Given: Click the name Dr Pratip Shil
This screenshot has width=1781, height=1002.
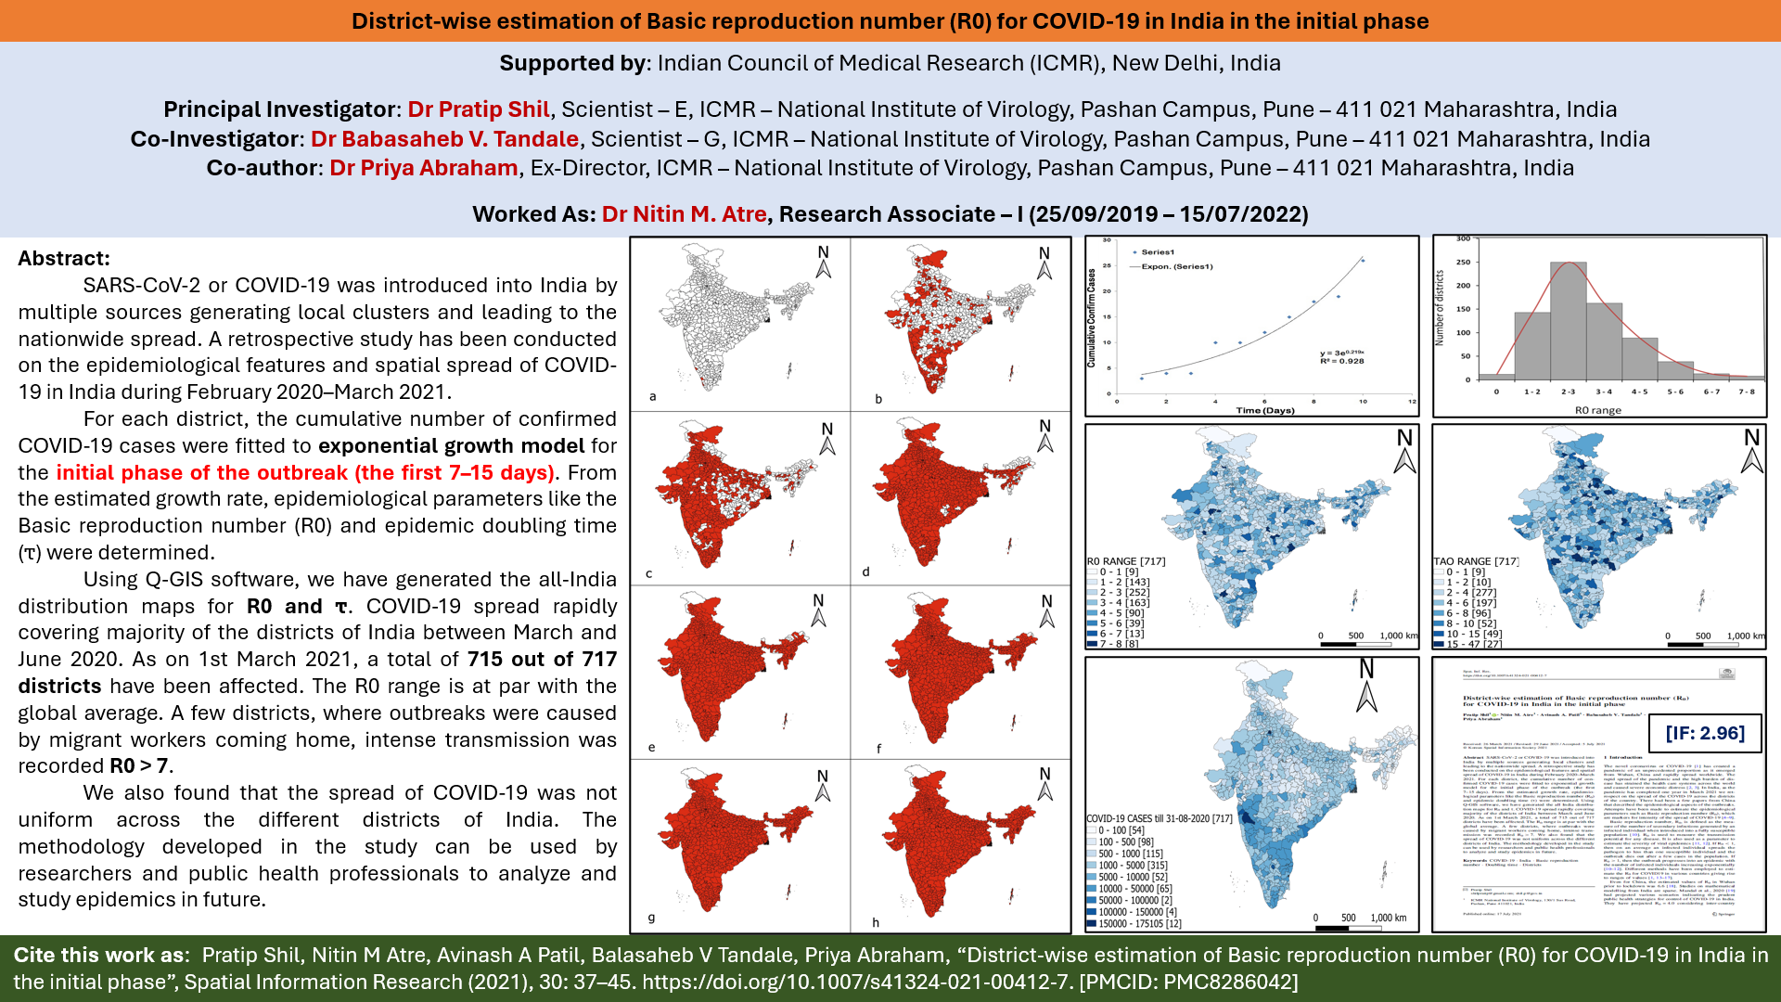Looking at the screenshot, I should point(479,109).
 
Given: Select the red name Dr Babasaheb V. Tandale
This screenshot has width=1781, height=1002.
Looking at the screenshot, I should point(444,139).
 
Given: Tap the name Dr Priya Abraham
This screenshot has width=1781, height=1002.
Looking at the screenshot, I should point(423,168).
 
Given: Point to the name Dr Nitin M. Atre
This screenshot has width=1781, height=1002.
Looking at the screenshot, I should point(684,214).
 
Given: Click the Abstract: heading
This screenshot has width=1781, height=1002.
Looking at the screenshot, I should point(64,259).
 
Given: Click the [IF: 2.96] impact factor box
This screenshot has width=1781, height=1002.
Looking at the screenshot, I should point(1704,733).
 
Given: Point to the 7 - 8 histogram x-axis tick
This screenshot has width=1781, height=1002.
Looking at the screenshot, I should point(1747,392).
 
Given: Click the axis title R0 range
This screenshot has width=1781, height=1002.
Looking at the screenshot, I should point(1598,410).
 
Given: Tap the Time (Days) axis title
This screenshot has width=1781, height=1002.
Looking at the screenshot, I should point(1264,410).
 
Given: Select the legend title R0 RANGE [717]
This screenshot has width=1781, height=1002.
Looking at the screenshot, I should point(1125,561).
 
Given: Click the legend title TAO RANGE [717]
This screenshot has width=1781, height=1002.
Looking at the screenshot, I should point(1476,561).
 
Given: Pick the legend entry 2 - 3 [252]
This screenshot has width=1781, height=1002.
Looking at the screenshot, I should point(1124,592).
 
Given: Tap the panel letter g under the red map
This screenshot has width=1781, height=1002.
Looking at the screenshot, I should point(651,918).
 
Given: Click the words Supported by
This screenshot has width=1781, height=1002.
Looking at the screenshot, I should point(572,63).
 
